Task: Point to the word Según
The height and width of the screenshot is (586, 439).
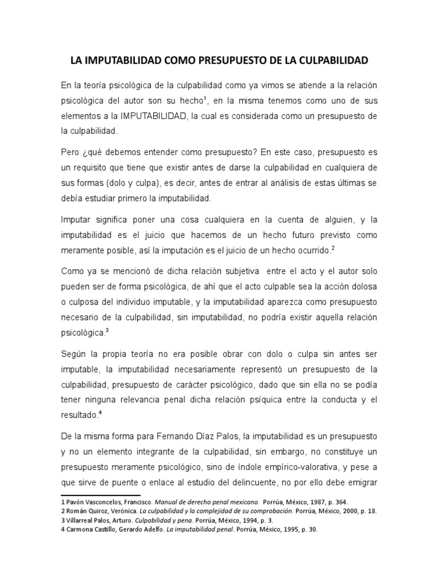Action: (74, 354)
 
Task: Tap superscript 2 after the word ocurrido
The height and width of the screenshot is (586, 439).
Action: (333, 248)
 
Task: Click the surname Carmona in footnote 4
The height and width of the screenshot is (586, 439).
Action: (80, 530)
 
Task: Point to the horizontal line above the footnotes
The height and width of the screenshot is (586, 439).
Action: (101, 494)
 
